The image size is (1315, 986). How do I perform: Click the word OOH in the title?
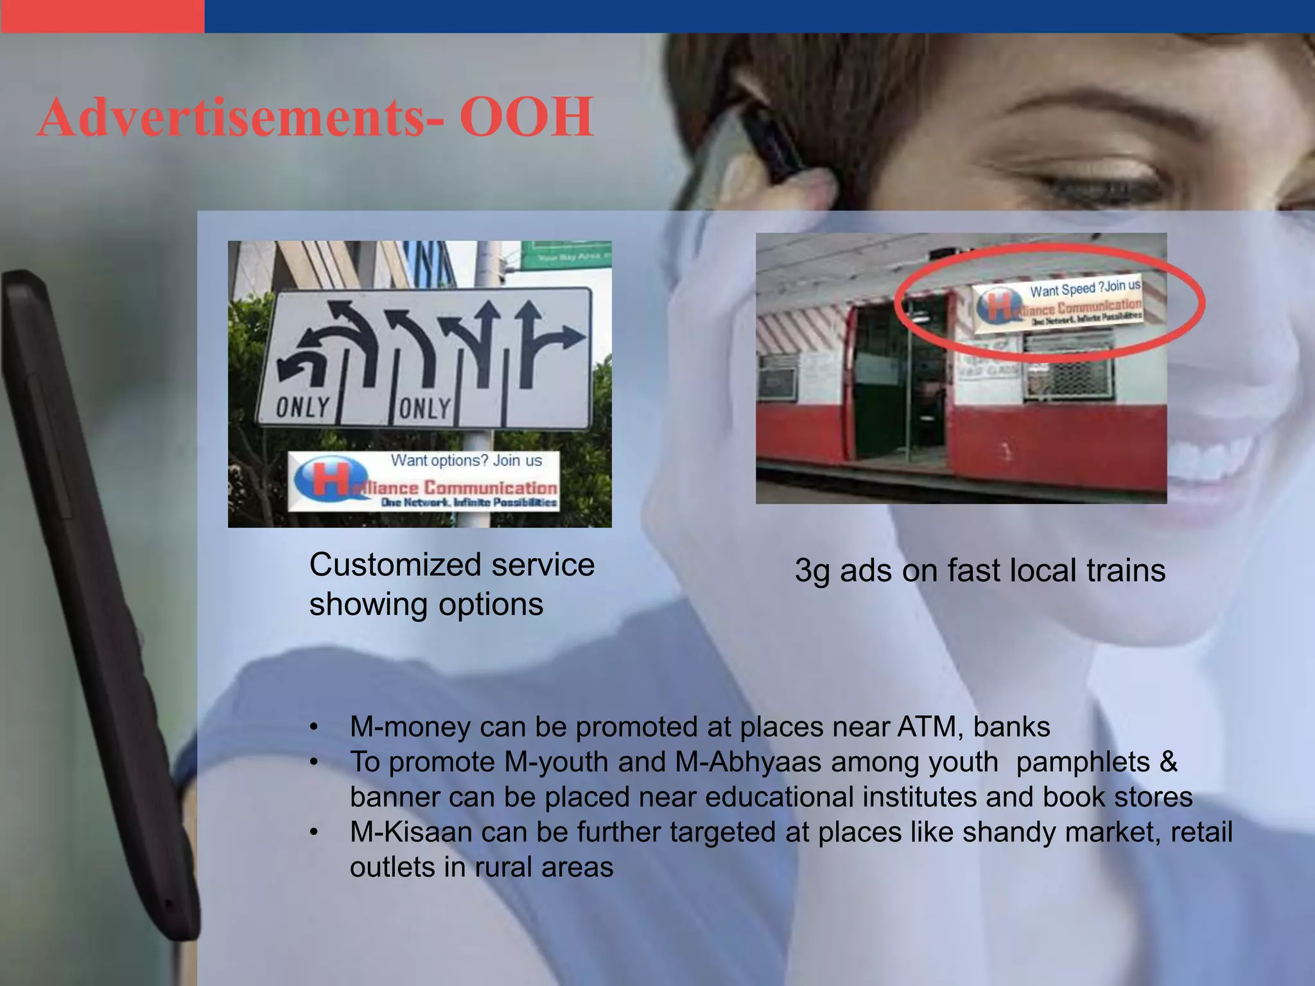(x=527, y=117)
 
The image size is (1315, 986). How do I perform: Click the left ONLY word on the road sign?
(x=303, y=407)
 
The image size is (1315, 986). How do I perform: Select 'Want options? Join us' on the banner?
(x=466, y=460)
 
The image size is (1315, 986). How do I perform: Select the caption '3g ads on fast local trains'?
(x=980, y=570)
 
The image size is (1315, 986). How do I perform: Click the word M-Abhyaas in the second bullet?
(x=748, y=762)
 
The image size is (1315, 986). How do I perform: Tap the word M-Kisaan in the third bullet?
(x=411, y=832)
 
